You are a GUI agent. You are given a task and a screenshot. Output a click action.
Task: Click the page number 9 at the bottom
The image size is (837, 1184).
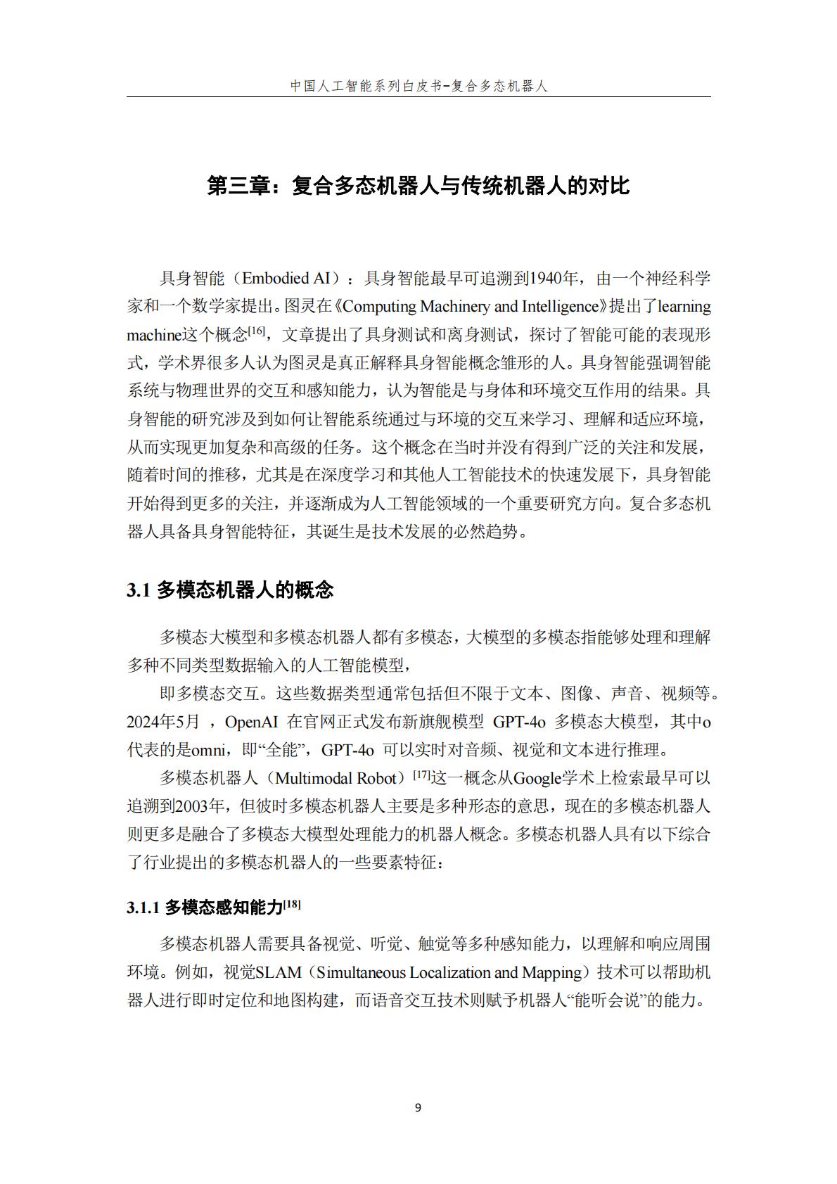point(418,1108)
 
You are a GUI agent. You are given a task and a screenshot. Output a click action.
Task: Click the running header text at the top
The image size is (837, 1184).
point(419,86)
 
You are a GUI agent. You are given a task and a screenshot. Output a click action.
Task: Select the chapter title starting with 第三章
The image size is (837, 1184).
point(419,186)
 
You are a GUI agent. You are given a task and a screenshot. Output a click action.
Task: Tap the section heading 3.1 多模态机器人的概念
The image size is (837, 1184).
point(230,590)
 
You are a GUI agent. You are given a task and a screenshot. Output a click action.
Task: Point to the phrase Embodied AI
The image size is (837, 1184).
point(286,279)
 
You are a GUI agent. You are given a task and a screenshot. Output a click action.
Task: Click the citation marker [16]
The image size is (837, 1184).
point(257,331)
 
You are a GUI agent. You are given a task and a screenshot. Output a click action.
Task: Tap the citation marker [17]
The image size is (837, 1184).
point(422,775)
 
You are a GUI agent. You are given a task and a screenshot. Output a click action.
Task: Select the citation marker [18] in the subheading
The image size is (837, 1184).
point(292,904)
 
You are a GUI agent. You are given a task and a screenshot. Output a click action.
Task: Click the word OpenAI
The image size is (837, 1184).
point(252,722)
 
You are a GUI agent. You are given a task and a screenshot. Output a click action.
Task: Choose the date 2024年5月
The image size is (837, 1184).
point(163,722)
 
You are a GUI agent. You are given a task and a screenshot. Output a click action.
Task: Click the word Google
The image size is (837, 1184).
point(537,778)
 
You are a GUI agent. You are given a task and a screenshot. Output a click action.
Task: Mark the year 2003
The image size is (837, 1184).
point(190,806)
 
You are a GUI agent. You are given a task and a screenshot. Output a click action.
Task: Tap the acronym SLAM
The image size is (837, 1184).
point(279,972)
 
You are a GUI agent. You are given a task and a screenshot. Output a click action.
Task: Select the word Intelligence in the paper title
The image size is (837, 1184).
point(559,307)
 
